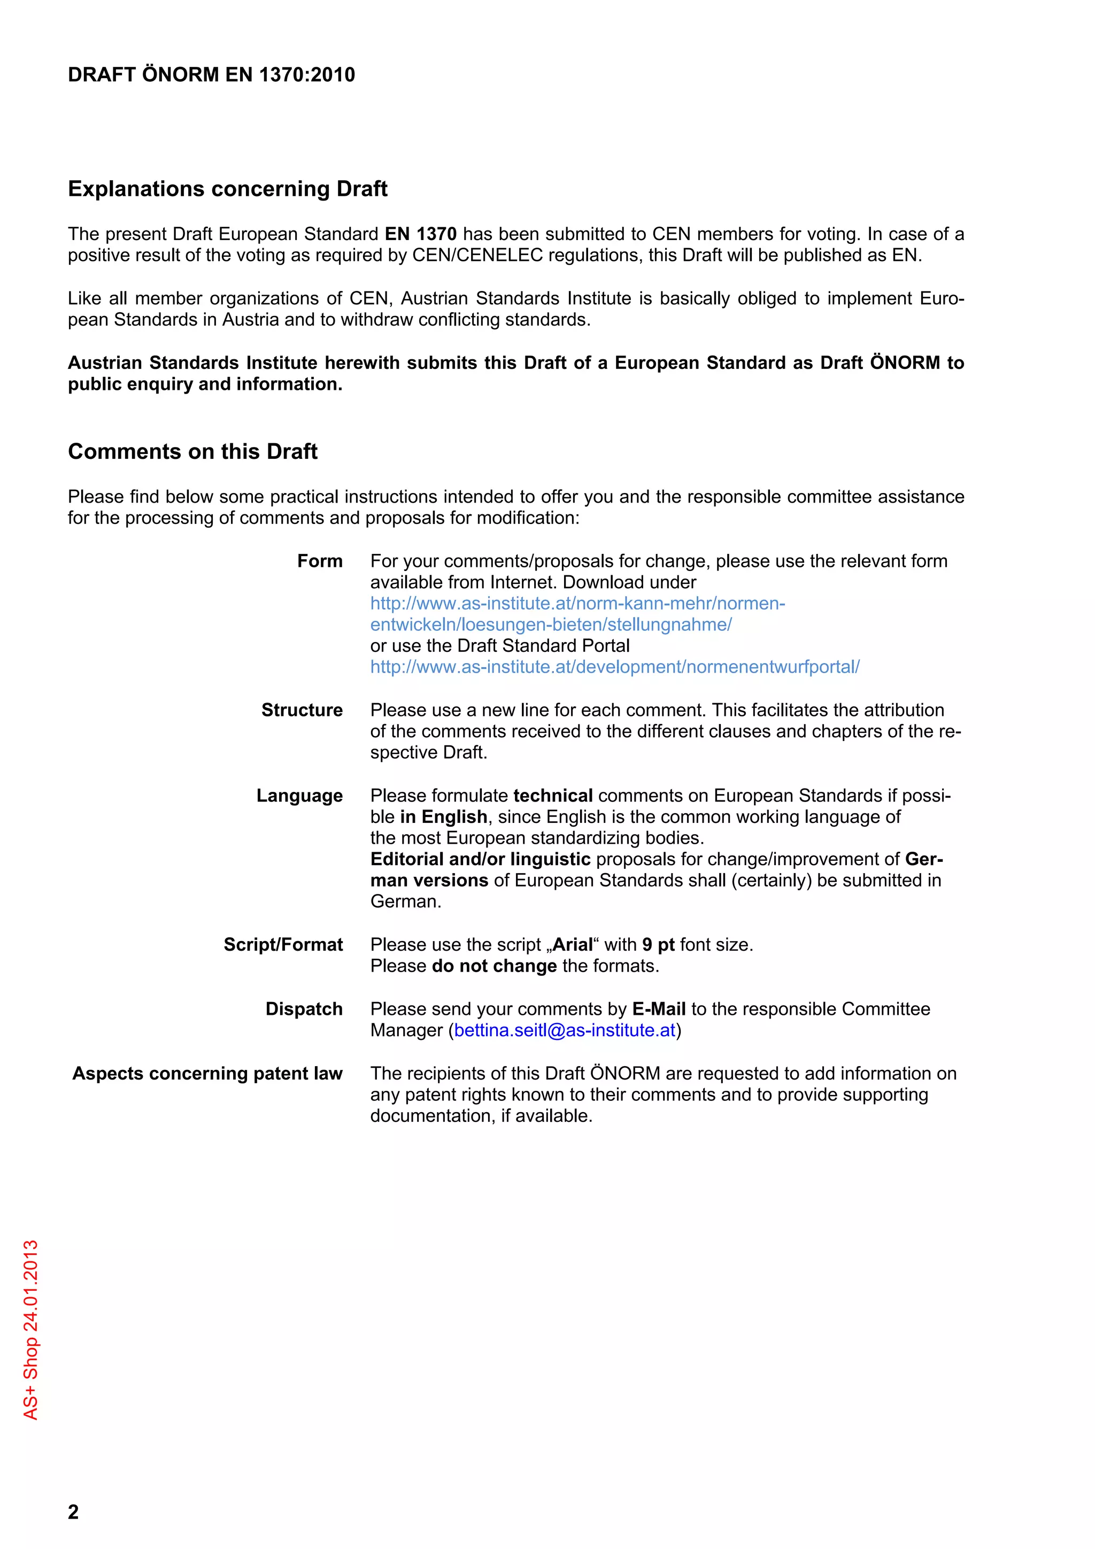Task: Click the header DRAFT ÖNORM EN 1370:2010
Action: tap(211, 75)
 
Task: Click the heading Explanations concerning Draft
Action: tap(227, 189)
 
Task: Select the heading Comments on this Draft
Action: tap(192, 451)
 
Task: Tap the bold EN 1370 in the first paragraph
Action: tap(420, 234)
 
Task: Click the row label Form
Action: tap(320, 561)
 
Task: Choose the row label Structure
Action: tap(302, 711)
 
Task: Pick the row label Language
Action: tap(299, 796)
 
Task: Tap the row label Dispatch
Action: tap(304, 1009)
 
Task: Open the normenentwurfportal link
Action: tap(615, 667)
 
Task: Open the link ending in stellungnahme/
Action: tap(551, 625)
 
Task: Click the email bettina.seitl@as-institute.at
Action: tap(565, 1031)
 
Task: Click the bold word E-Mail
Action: tap(659, 1009)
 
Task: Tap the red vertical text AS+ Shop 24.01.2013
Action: tap(31, 1329)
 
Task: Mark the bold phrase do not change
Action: tap(494, 967)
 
